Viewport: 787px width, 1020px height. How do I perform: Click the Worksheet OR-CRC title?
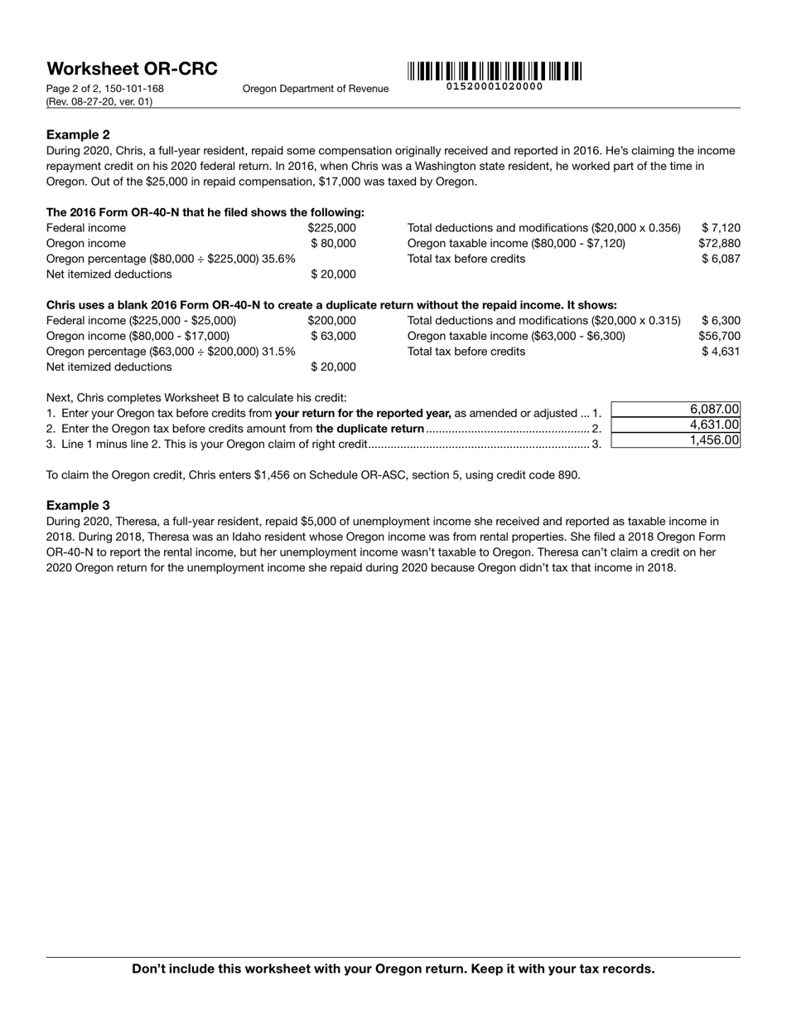[x=132, y=69]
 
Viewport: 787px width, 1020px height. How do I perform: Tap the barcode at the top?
[x=495, y=71]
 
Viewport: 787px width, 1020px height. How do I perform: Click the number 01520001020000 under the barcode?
[x=495, y=87]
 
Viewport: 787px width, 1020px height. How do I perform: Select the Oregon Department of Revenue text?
[x=315, y=89]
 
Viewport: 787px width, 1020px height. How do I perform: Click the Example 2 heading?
[x=78, y=134]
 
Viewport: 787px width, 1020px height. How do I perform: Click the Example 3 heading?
[x=78, y=505]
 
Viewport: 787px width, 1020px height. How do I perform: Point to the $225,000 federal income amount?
[x=331, y=228]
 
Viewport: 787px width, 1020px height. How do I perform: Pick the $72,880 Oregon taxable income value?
[x=719, y=243]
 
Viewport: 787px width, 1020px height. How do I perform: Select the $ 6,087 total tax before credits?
[x=720, y=259]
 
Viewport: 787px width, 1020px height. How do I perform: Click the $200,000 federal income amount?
[x=331, y=321]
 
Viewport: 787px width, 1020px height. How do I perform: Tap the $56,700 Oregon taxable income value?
[x=719, y=336]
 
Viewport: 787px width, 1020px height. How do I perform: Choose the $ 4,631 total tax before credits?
[x=720, y=352]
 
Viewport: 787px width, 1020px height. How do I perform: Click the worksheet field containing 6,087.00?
[x=675, y=410]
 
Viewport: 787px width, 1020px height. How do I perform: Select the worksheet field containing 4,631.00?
[x=675, y=425]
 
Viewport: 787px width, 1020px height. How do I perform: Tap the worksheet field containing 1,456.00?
[x=675, y=440]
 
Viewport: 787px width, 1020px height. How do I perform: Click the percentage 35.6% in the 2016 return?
[x=278, y=259]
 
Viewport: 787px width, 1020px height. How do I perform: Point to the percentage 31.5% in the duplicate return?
[x=278, y=352]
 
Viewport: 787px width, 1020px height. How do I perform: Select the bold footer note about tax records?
[x=393, y=969]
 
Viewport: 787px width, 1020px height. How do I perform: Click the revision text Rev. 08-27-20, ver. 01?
[x=99, y=102]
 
